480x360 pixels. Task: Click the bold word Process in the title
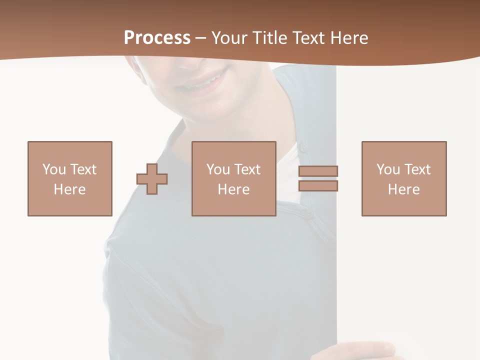[157, 38]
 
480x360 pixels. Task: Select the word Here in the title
[348, 38]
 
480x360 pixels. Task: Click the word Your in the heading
[229, 38]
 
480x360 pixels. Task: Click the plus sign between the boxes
[152, 179]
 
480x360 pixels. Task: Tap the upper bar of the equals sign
[318, 171]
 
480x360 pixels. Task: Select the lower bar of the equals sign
[318, 185]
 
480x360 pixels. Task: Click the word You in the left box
[53, 169]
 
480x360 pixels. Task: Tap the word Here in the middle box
[234, 189]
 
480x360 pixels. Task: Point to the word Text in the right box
[417, 169]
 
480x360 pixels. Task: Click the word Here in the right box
[404, 189]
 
